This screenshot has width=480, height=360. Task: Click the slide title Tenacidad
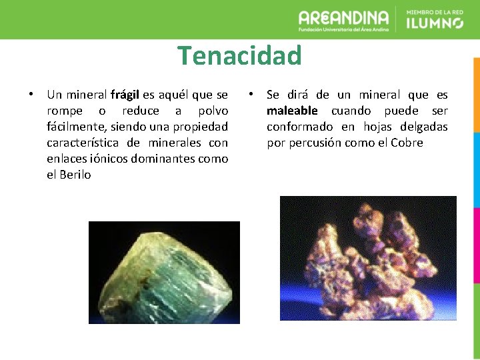tap(239, 55)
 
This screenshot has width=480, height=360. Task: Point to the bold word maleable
tap(292, 111)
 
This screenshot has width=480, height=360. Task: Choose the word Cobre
tap(407, 143)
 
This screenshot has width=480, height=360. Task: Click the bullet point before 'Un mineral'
tap(31, 94)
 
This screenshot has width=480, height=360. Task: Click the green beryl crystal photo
tap(164, 272)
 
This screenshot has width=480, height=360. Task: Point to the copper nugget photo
tap(368, 258)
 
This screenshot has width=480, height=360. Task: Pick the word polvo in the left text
tap(213, 111)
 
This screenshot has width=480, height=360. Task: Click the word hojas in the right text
tap(376, 127)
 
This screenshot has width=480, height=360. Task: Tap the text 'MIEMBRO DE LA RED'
tap(434, 11)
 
